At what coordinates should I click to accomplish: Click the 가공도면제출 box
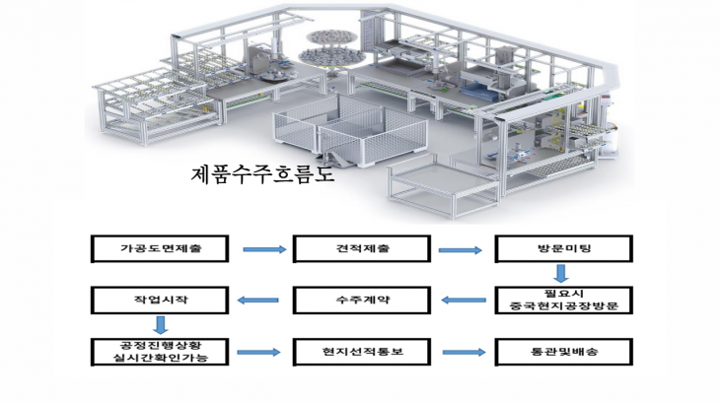(x=160, y=249)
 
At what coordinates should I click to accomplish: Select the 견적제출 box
(x=362, y=249)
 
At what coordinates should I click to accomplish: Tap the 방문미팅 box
(x=564, y=249)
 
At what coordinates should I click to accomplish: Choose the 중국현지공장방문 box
(x=564, y=301)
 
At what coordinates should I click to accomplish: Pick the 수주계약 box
(x=362, y=301)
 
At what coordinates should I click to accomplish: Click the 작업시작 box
(x=160, y=301)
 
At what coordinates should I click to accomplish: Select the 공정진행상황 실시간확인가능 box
(x=160, y=352)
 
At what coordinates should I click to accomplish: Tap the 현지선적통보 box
(x=362, y=352)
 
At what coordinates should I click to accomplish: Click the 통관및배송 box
(x=564, y=352)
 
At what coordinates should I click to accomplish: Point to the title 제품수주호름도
(x=262, y=174)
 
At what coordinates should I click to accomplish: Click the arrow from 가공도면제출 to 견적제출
(x=264, y=249)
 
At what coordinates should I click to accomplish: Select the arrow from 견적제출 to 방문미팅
(x=460, y=250)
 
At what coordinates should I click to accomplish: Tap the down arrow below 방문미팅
(x=560, y=273)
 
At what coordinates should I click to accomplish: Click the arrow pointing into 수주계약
(x=464, y=301)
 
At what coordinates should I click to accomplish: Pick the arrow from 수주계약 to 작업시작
(x=258, y=301)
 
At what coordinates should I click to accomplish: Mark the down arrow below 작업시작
(x=160, y=324)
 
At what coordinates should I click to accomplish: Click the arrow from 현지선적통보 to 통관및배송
(x=465, y=352)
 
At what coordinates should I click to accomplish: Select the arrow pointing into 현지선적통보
(x=258, y=352)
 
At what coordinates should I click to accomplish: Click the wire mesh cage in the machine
(x=351, y=130)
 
